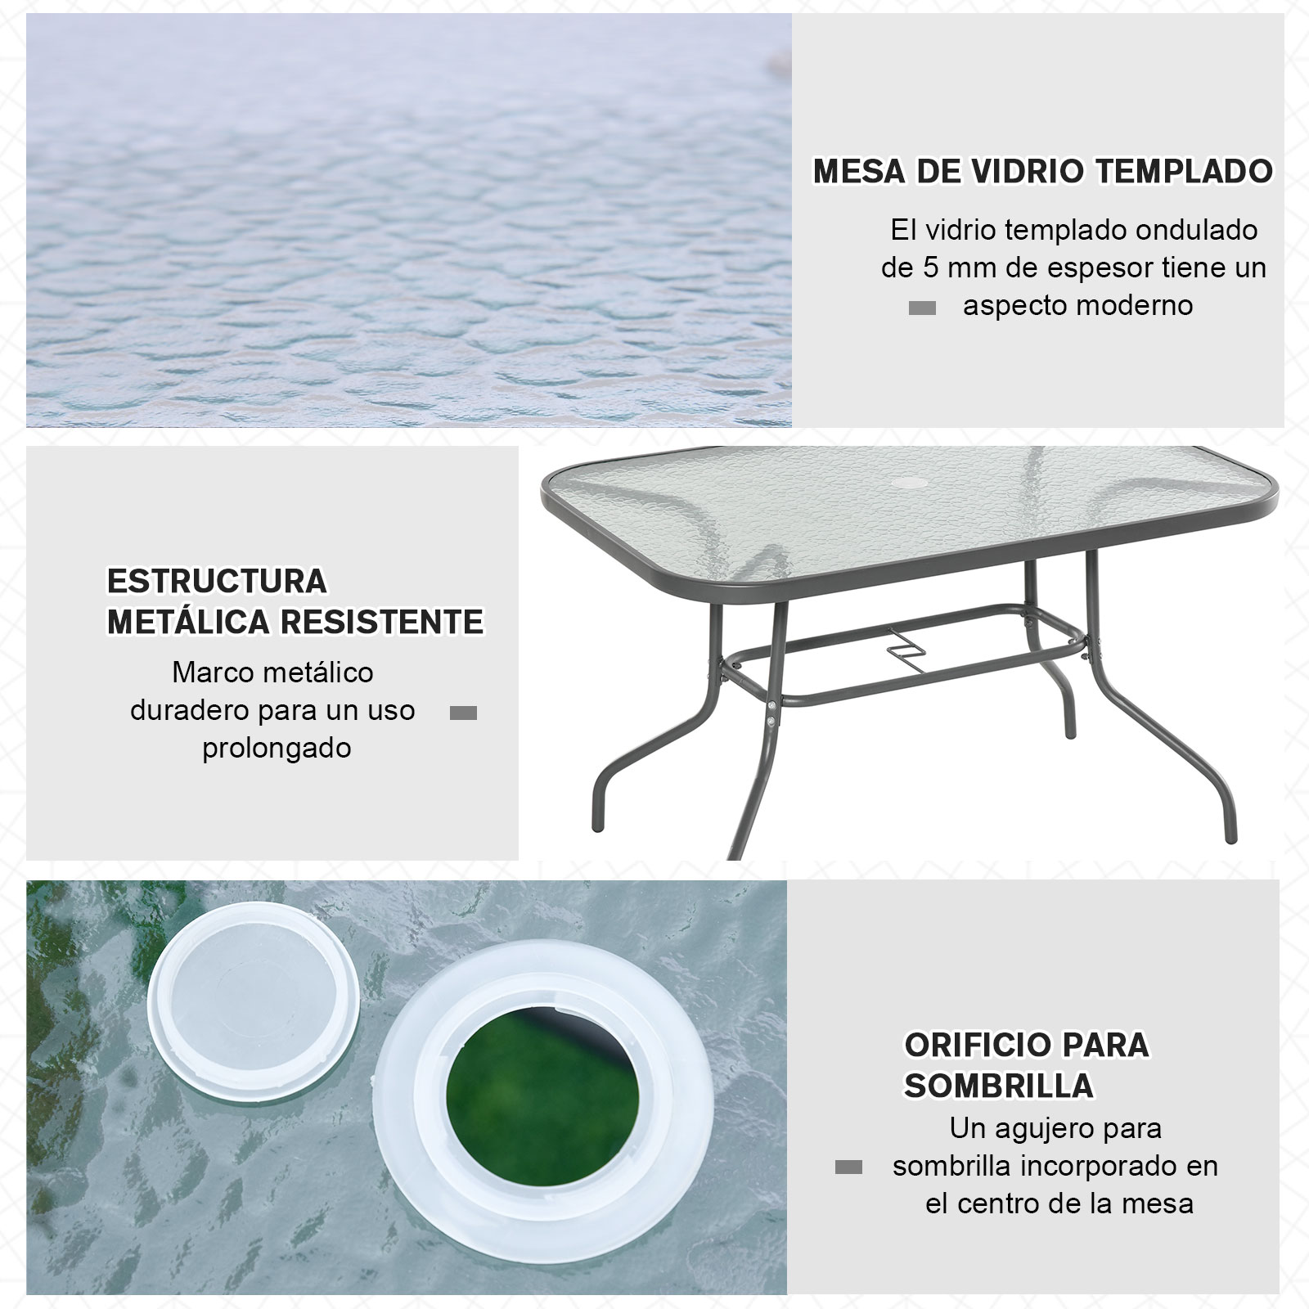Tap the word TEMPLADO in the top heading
click(1184, 172)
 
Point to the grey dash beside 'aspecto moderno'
click(922, 308)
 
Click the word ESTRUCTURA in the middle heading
click(217, 582)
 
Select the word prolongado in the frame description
click(277, 748)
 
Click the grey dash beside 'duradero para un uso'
click(463, 713)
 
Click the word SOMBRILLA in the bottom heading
click(999, 1086)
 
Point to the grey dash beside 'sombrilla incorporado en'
click(848, 1167)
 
